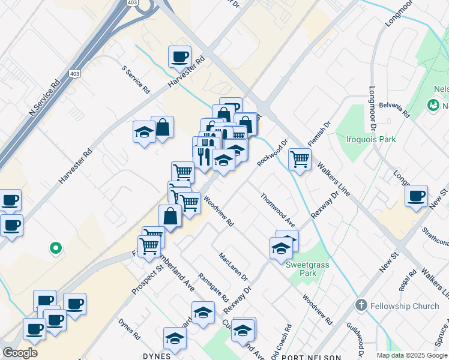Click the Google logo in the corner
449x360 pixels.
20,353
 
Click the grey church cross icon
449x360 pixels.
360,305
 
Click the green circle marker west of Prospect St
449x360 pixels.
55,247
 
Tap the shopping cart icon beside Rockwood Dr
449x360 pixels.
299,159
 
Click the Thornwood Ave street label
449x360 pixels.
277,210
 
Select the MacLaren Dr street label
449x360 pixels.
233,266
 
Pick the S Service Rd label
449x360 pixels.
136,79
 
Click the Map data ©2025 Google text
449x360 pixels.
411,355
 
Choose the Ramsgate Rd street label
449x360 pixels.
214,289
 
